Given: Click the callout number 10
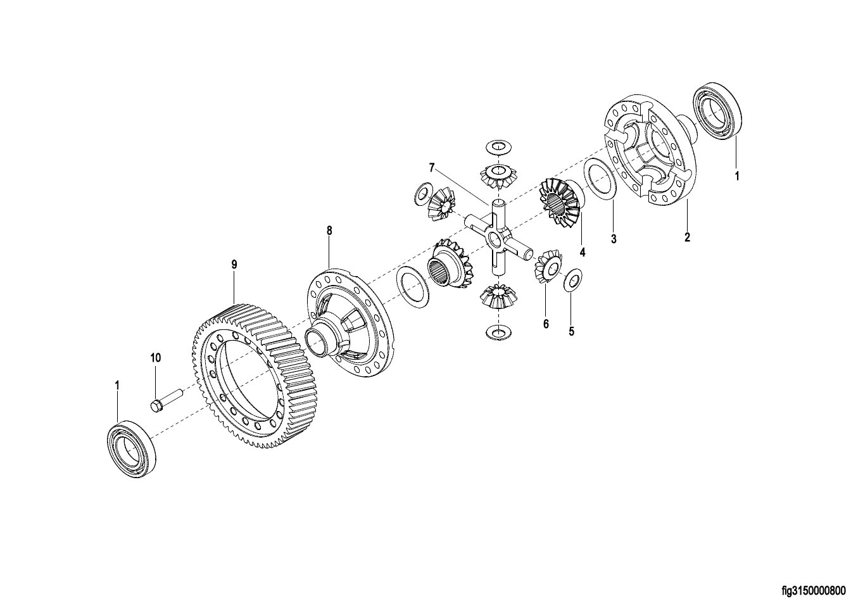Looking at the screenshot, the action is pos(156,357).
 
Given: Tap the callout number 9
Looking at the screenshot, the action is pos(234,265).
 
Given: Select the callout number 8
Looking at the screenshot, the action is pos(329,231).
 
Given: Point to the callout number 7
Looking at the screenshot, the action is pos(431,168).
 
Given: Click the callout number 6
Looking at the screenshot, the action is pos(546,324).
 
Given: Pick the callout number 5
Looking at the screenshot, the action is pos(571,331).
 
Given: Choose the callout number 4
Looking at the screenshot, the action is pos(583,252).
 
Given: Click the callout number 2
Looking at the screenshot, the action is pos(687,237).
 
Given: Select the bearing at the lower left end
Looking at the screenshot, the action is pos(132,449).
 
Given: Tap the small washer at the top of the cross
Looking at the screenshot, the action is pos(498,147).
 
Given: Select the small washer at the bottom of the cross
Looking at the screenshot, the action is pos(498,332).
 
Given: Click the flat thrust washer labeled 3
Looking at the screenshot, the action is pos(600,178).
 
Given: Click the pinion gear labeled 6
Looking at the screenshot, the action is pos(548,265).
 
